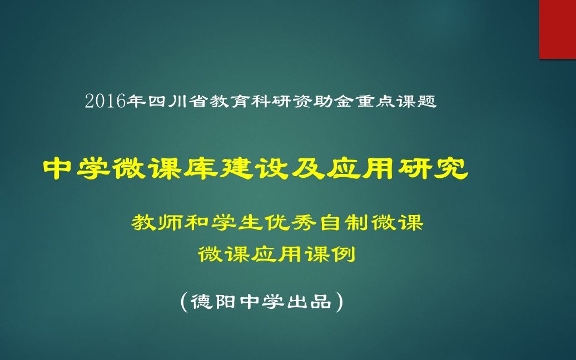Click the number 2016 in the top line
click(x=106, y=102)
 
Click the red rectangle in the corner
click(x=557, y=29)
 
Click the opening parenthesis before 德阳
click(x=185, y=302)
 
